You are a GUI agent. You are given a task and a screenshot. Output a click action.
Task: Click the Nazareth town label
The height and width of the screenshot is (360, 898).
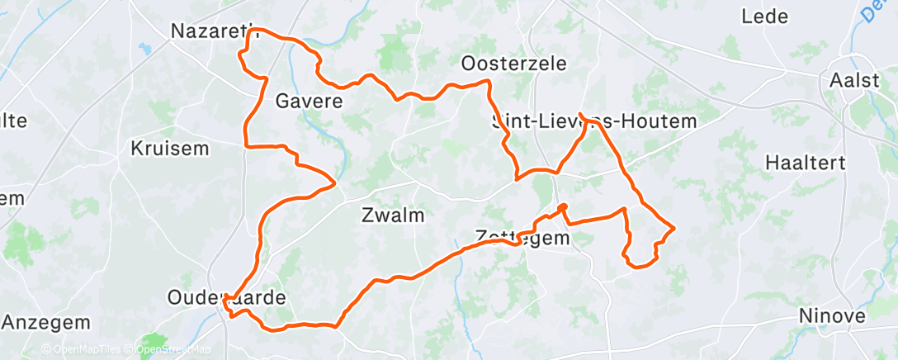(214, 31)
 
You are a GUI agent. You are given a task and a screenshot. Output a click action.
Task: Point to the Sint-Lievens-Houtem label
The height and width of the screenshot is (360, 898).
(594, 121)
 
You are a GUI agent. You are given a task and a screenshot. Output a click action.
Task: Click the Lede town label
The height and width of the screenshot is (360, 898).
(764, 16)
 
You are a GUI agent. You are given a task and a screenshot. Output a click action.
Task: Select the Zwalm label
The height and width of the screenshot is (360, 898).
(393, 216)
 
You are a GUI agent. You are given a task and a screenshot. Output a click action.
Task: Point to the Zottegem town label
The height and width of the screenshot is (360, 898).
(523, 239)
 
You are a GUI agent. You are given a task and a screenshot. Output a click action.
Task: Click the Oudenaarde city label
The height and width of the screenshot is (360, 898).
(226, 297)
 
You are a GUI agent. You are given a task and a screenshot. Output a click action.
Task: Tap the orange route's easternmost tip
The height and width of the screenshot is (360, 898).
(675, 227)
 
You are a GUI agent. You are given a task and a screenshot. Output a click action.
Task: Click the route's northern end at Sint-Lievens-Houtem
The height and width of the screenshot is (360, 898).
(582, 114)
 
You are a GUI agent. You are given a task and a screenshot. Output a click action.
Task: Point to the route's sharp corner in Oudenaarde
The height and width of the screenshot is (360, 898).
(224, 304)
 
